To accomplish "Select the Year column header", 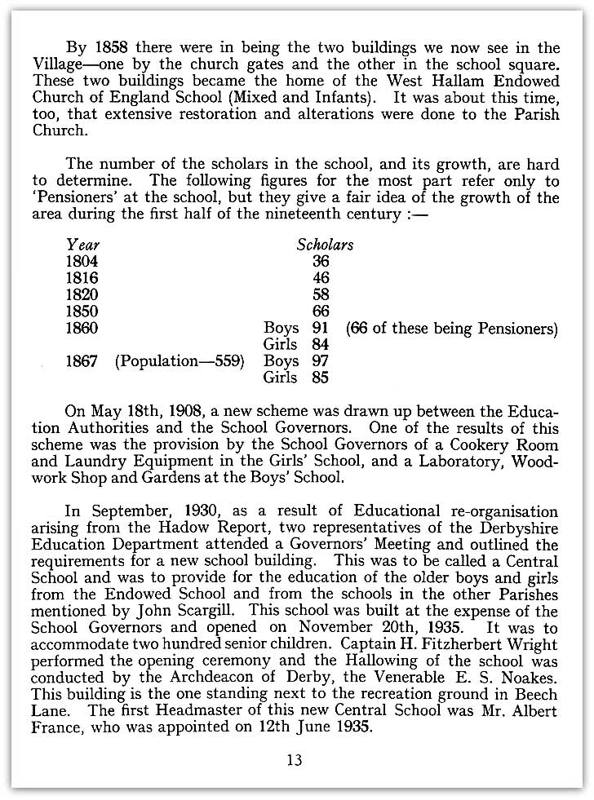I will [82, 244].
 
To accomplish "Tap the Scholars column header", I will [325, 244].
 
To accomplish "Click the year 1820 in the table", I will [82, 294].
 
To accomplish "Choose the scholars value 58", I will [321, 294].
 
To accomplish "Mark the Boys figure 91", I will [320, 328].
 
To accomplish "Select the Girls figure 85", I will [320, 378].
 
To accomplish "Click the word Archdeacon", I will [218, 678].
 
